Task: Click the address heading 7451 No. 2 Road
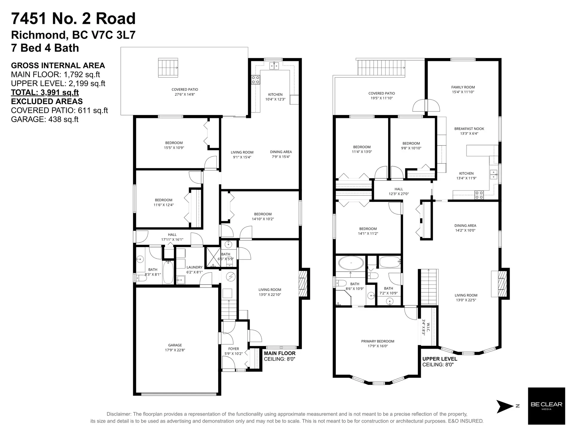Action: (x=73, y=19)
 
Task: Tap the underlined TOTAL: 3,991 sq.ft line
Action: (x=45, y=92)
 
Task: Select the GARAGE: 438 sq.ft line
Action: (x=45, y=119)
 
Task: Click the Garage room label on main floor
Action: (x=175, y=347)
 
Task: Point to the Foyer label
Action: (x=233, y=351)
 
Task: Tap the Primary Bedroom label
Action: (x=378, y=344)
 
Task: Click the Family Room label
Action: (x=463, y=89)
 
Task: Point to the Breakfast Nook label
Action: (x=469, y=131)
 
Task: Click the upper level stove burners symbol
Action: (x=479, y=195)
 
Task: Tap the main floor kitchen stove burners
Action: (x=255, y=79)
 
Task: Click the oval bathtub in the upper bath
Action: (x=351, y=263)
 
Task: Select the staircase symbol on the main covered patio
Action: (x=168, y=68)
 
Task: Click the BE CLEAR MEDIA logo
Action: (x=546, y=406)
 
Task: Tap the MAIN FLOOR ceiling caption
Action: (x=280, y=356)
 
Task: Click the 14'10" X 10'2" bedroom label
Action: (x=263, y=216)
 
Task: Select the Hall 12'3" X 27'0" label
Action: (x=399, y=191)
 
